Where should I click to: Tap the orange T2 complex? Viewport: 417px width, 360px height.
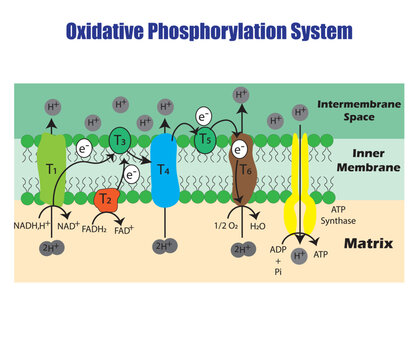tap(105, 200)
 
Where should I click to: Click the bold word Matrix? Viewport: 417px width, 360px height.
tap(365, 244)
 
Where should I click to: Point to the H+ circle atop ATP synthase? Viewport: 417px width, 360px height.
tap(298, 111)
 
